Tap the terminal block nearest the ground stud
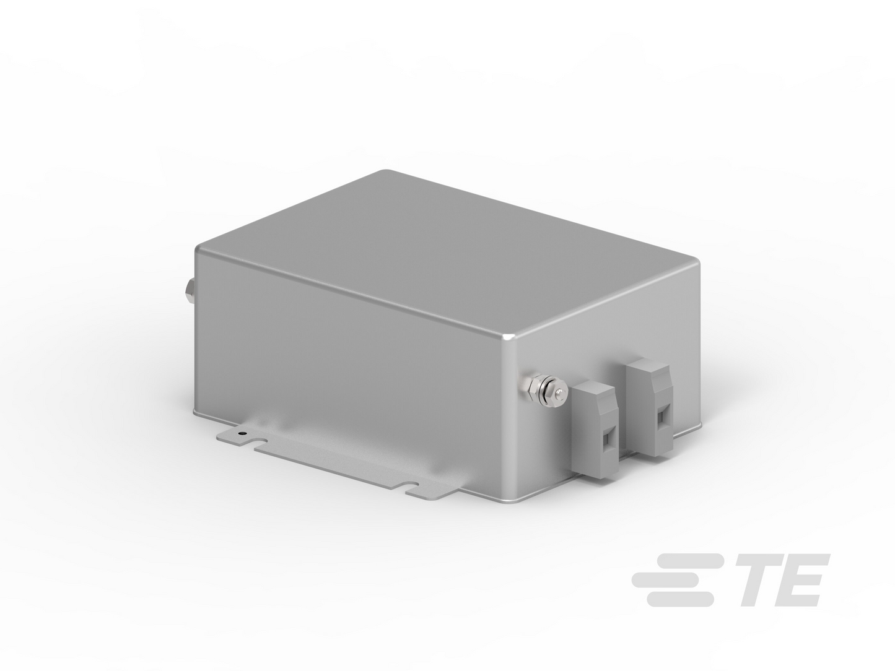595,430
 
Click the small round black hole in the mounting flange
242,433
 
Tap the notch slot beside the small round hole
260,441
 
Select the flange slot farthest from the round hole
409,488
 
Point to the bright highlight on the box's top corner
509,337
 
